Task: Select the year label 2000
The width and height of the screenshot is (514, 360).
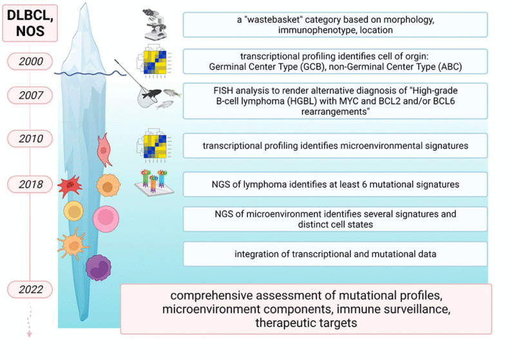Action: point(32,62)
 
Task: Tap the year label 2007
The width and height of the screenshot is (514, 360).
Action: point(32,95)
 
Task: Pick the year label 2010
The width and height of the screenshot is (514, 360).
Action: point(32,138)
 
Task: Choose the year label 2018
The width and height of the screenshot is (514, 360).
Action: point(32,184)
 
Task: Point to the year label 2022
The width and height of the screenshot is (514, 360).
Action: point(32,289)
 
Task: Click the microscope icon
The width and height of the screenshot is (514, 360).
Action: point(154,24)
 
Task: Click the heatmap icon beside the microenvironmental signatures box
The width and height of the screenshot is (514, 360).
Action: point(155,145)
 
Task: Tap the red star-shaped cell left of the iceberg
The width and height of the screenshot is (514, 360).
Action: point(70,186)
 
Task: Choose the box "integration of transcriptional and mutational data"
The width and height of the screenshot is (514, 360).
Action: point(335,254)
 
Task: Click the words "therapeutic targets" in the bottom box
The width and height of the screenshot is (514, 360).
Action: point(306,323)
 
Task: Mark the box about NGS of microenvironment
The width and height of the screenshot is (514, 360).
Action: point(335,219)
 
